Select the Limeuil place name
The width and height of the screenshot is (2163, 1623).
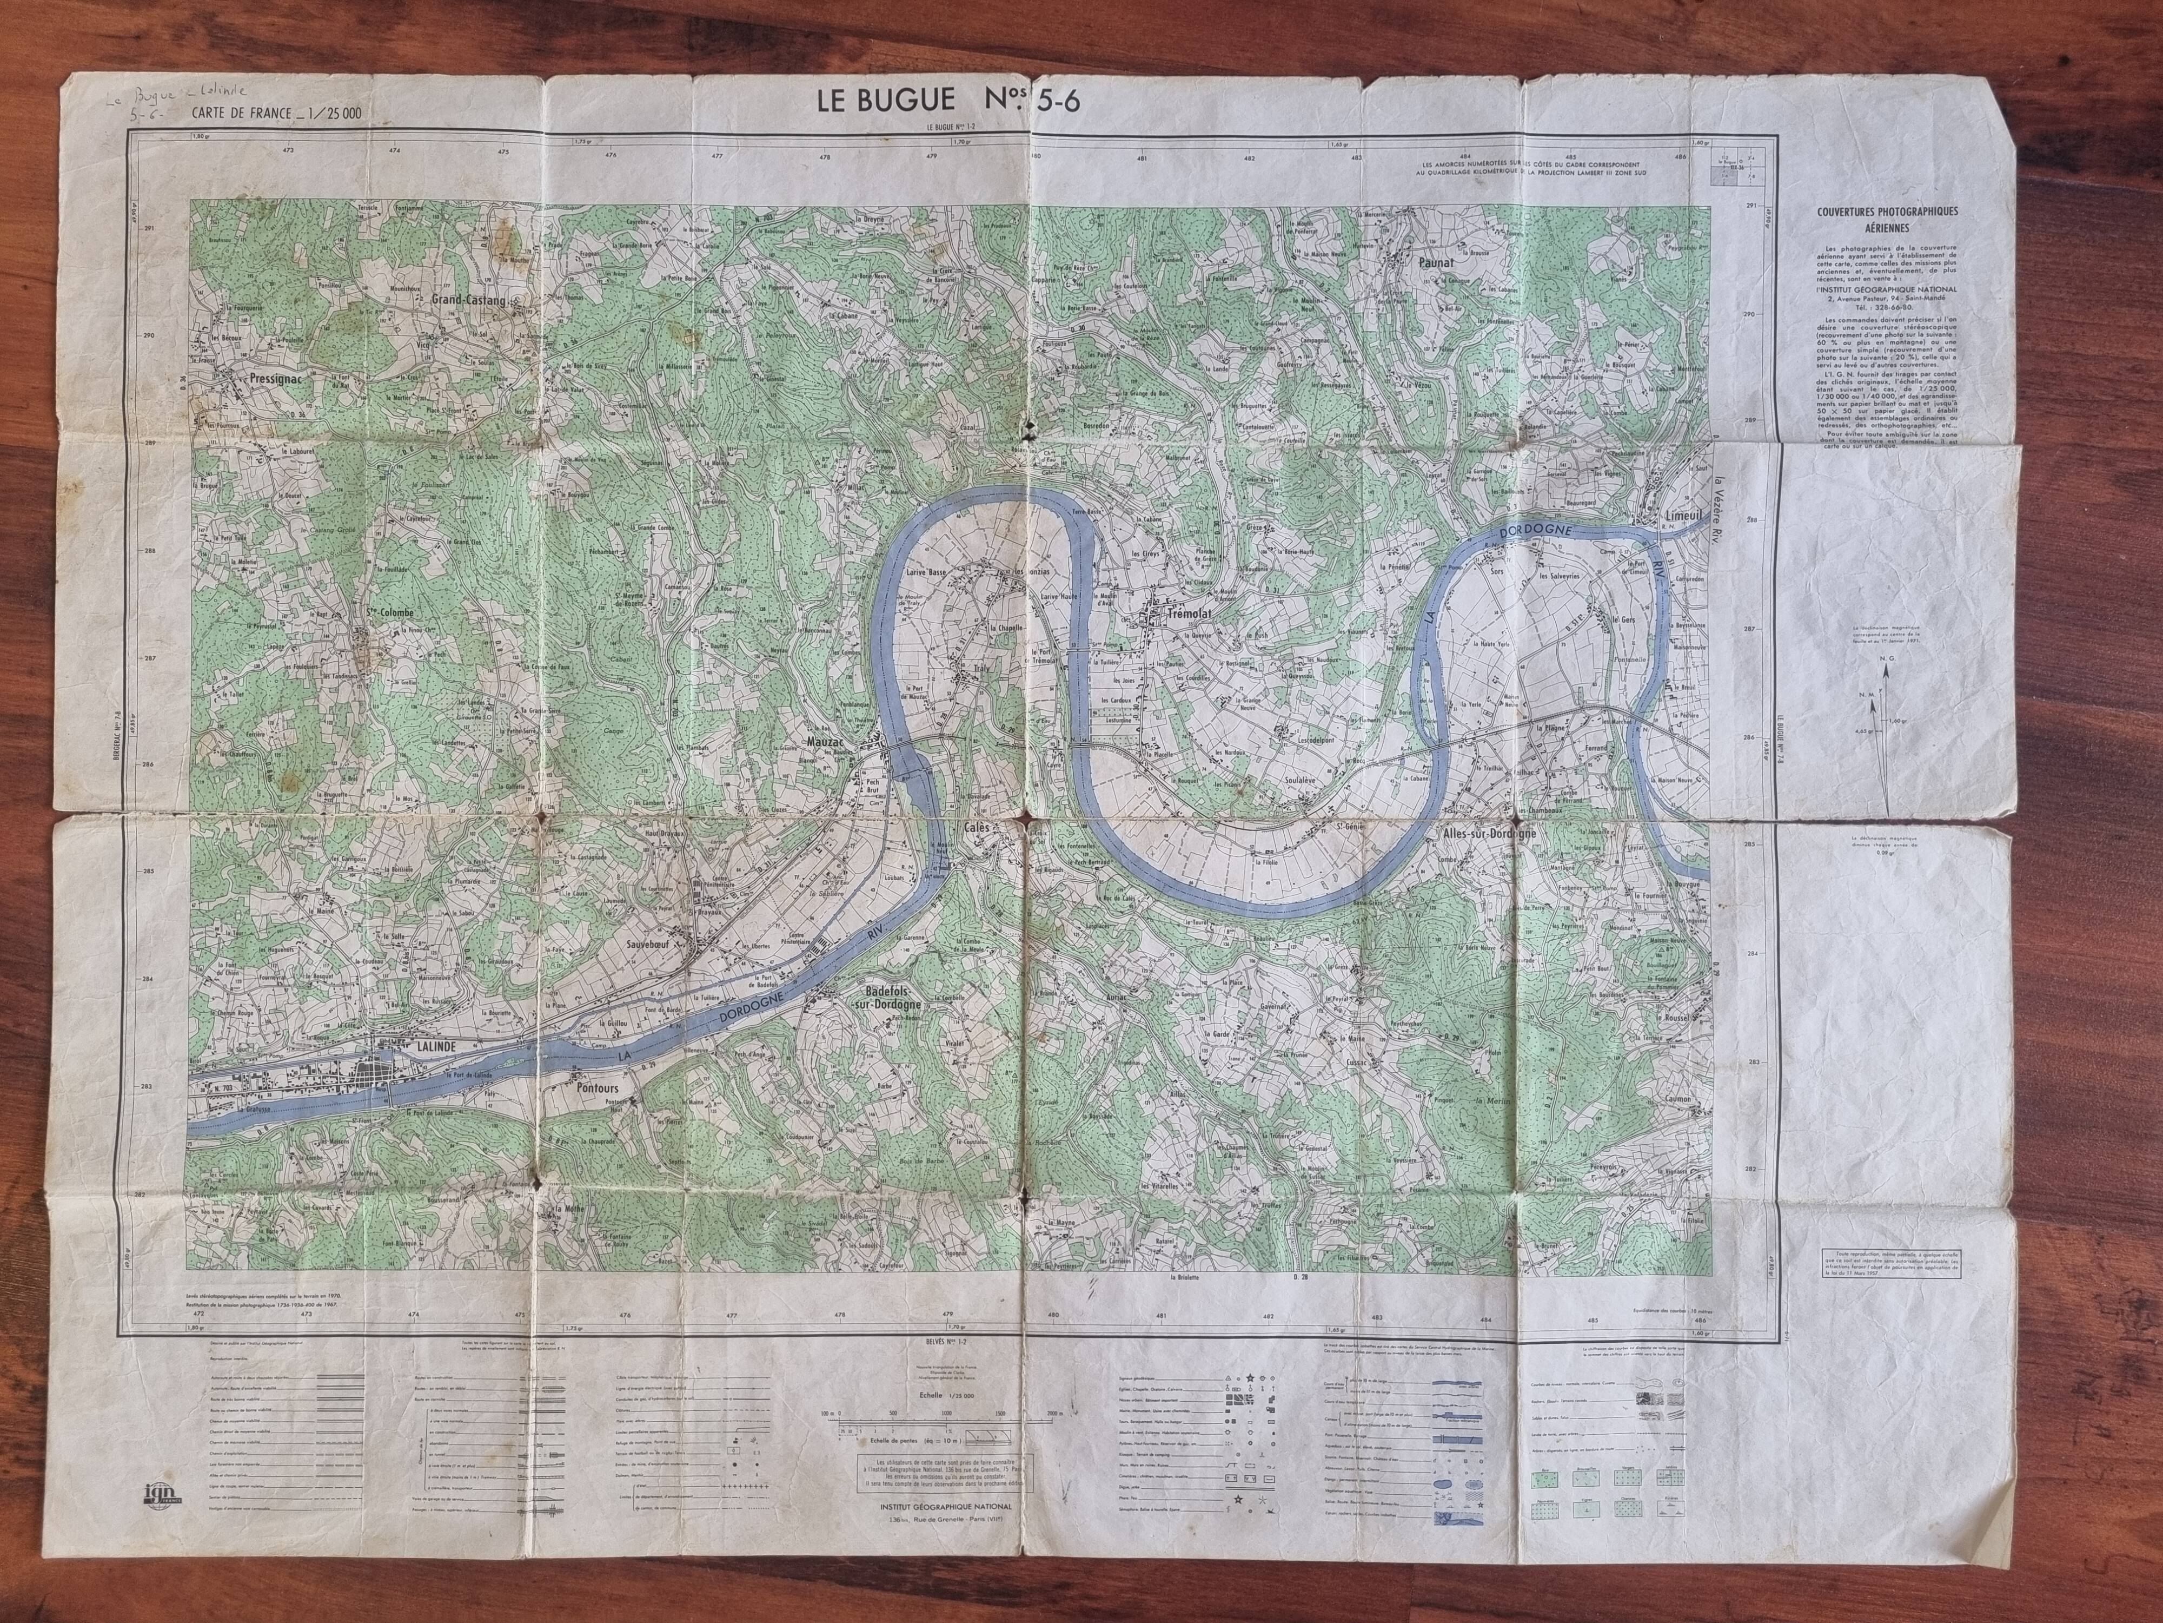click(x=1687, y=516)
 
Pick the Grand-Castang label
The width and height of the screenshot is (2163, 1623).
click(x=469, y=301)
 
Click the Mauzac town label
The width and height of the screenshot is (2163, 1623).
click(x=825, y=743)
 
